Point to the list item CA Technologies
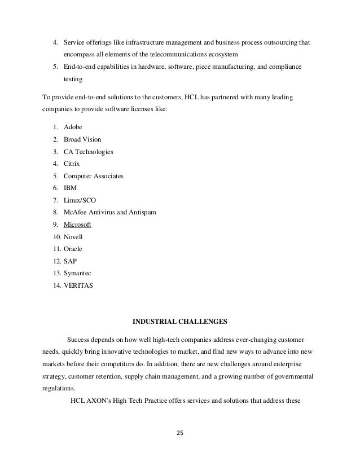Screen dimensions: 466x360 (x=89, y=152)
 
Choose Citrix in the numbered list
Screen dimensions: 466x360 (x=73, y=164)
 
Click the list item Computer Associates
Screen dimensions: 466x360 (x=93, y=176)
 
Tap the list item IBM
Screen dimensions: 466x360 (x=71, y=188)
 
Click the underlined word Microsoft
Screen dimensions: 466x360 (x=78, y=225)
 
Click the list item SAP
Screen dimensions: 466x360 (x=71, y=261)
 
